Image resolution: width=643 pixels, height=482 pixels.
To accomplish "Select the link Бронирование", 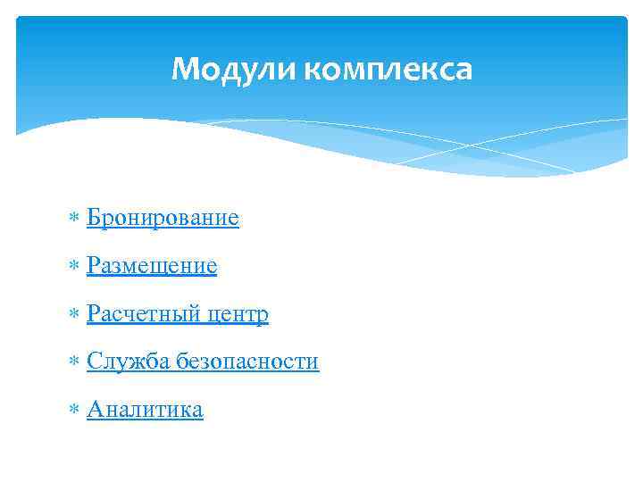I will [x=163, y=218].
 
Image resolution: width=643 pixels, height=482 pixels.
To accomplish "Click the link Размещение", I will [x=152, y=266].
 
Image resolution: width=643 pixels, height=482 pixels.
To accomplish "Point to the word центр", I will [x=238, y=314].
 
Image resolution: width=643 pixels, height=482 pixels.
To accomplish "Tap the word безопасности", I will [x=247, y=361].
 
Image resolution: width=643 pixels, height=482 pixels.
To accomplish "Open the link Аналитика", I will [x=145, y=410].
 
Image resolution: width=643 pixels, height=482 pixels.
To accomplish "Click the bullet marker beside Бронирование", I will [x=74, y=219].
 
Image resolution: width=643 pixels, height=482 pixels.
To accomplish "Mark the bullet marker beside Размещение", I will [x=74, y=267].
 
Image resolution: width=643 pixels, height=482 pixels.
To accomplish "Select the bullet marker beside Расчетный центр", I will [x=74, y=315].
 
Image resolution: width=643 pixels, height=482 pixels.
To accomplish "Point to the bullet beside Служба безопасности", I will [x=74, y=362].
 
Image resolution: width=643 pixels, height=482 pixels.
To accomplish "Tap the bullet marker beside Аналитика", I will [x=74, y=411].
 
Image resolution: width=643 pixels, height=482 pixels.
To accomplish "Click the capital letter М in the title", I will [x=184, y=69].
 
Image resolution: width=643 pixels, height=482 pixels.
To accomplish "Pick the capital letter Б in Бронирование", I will [x=94, y=218].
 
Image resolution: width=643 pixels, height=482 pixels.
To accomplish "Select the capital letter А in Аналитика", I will [x=95, y=410].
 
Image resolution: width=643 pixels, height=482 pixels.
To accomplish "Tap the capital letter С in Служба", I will [x=94, y=361].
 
